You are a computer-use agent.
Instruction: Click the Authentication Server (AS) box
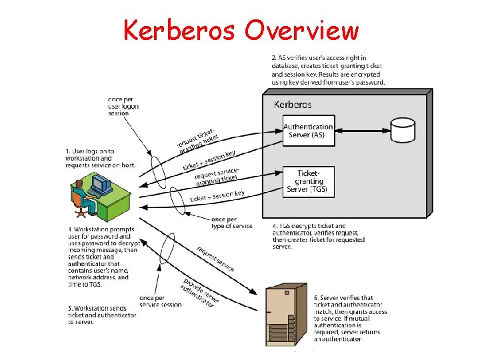tap(308, 131)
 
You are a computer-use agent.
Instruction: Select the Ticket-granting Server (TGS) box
tap(308, 182)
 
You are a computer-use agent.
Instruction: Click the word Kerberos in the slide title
tap(179, 30)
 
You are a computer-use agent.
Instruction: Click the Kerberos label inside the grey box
tap(293, 105)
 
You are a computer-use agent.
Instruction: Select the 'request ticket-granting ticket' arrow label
tap(197, 140)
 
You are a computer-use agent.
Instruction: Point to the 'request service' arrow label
tap(215, 259)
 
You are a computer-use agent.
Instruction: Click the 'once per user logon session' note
tap(123, 107)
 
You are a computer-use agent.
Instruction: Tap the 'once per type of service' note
tap(231, 223)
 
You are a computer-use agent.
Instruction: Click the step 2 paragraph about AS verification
tap(328, 70)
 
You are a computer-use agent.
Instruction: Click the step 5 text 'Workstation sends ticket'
tap(100, 315)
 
